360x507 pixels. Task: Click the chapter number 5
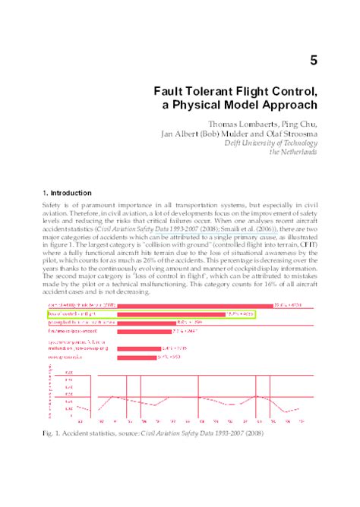pos(312,60)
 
